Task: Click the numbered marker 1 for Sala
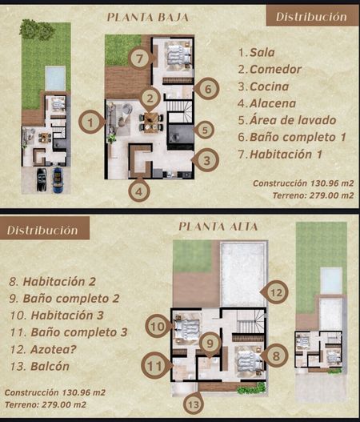pyautogui.click(x=90, y=123)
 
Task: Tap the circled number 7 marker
pyautogui.click(x=139, y=58)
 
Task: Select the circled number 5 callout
pyautogui.click(x=205, y=131)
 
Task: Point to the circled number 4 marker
pyautogui.click(x=139, y=191)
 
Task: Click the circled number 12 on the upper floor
pyautogui.click(x=276, y=292)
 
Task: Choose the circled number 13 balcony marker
pyautogui.click(x=194, y=404)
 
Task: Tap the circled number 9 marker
pyautogui.click(x=210, y=344)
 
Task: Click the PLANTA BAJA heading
pyautogui.click(x=148, y=18)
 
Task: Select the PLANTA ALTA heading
pyautogui.click(x=218, y=227)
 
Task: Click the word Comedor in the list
pyautogui.click(x=275, y=70)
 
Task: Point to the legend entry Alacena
pyautogui.click(x=273, y=103)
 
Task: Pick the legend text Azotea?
pyautogui.click(x=54, y=349)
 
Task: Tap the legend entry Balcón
pyautogui.click(x=50, y=366)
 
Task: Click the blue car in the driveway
pyautogui.click(x=58, y=180)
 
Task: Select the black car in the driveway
pyautogui.click(x=42, y=179)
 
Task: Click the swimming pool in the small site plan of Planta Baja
pyautogui.click(x=55, y=78)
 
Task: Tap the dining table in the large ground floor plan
pyautogui.click(x=151, y=123)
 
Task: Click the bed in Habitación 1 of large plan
pyautogui.click(x=178, y=56)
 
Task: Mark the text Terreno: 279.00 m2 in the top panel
pyautogui.click(x=314, y=195)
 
